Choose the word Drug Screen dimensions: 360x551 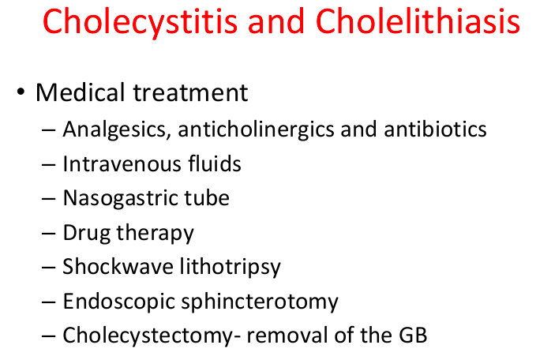86,233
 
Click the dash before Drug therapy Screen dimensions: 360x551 49,234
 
